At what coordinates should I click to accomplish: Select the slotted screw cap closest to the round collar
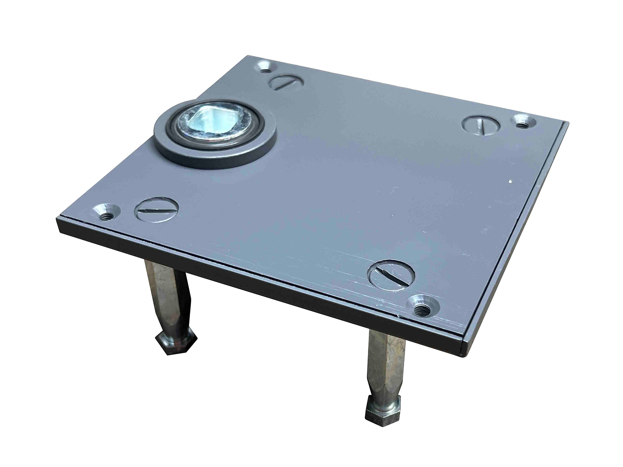coord(286,83)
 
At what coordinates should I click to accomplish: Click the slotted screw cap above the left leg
coord(157,210)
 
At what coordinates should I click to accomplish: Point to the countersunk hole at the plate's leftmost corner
coord(106,212)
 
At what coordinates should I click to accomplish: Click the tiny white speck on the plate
coord(510,182)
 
